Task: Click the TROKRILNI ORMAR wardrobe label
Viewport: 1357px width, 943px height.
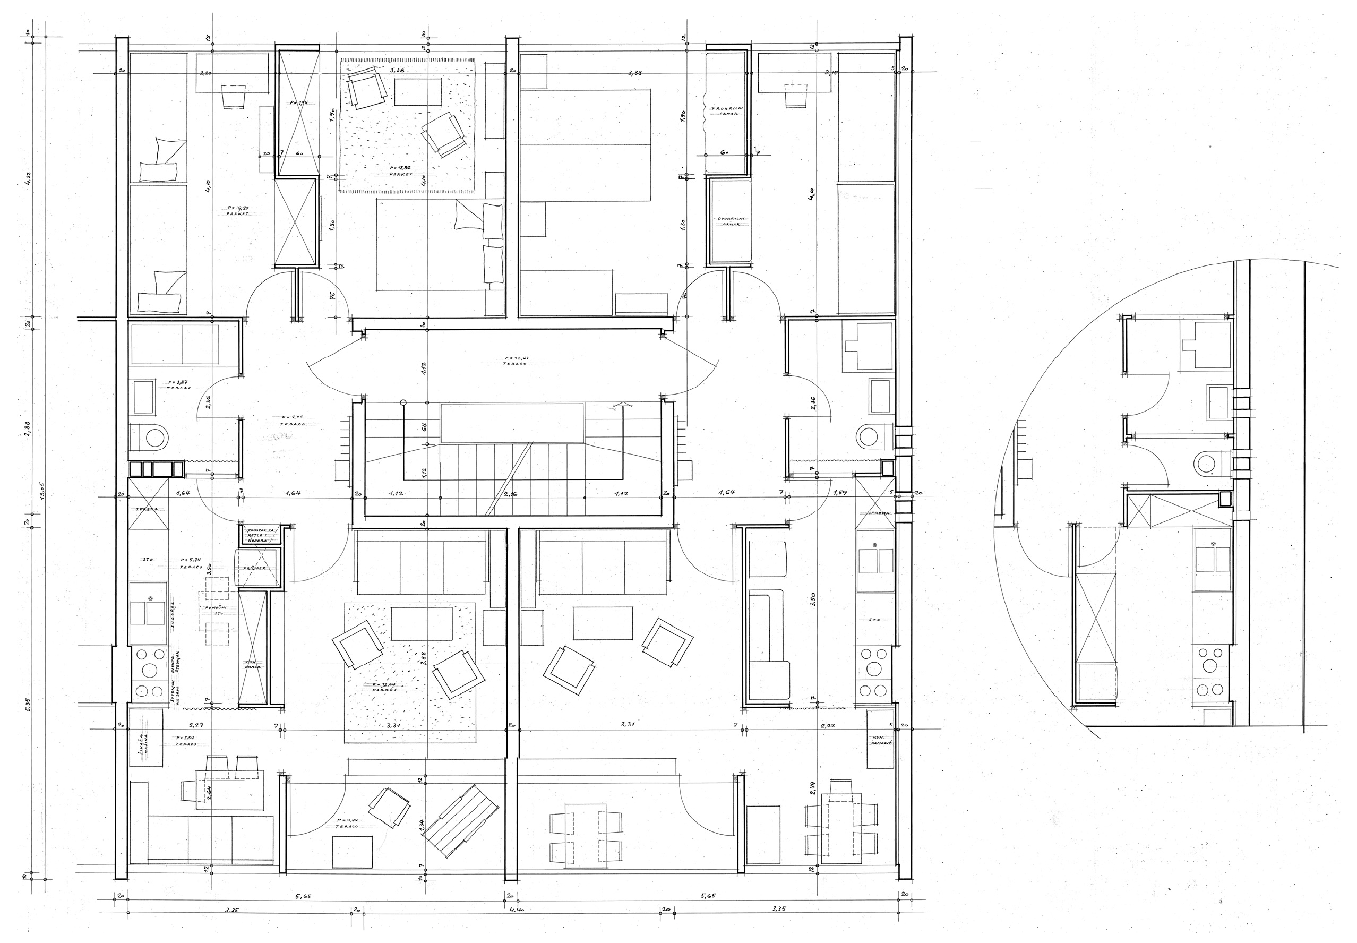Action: click(727, 110)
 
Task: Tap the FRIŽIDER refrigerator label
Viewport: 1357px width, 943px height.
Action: click(255, 568)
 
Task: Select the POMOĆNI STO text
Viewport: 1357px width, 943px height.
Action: click(215, 611)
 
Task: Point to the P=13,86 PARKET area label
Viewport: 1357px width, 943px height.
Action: click(400, 171)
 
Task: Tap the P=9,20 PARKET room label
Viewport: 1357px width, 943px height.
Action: click(237, 210)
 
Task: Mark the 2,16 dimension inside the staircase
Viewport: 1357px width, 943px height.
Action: click(510, 493)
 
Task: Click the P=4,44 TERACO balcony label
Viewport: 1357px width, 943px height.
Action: click(347, 823)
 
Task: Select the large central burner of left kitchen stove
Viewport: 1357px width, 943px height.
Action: click(150, 670)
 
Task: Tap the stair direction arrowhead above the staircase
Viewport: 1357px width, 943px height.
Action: click(621, 405)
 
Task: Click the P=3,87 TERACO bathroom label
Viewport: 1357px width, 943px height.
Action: click(178, 384)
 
